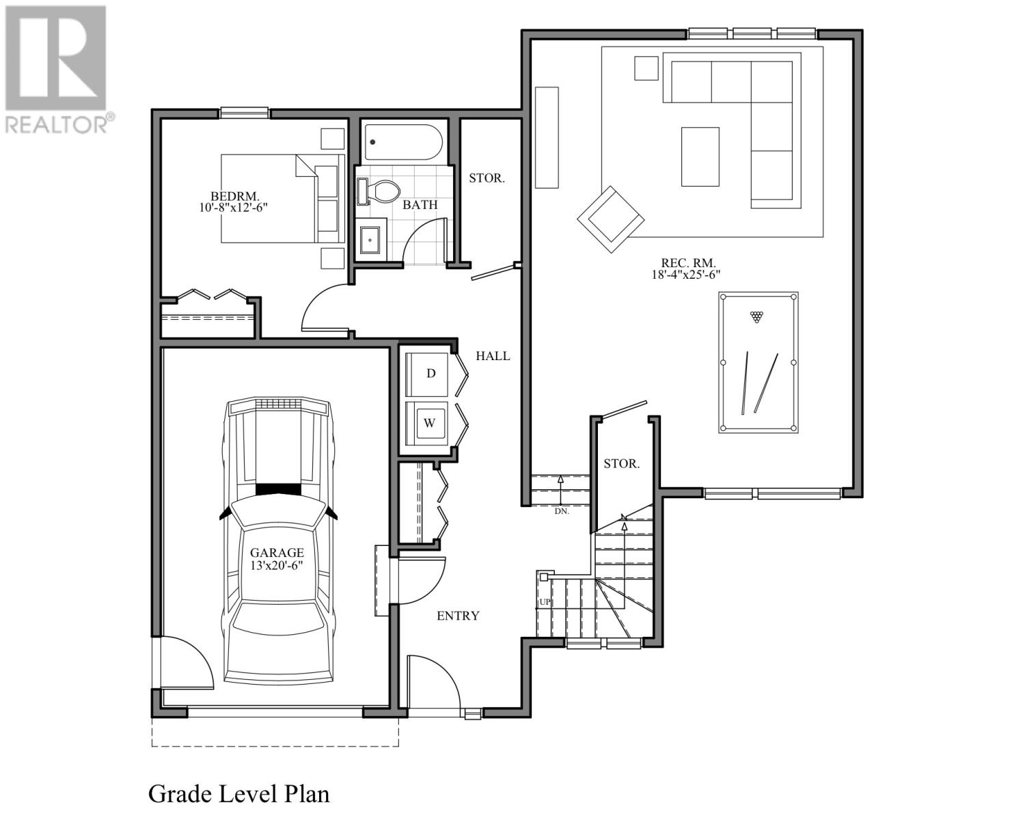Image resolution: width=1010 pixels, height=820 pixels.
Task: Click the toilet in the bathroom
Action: [378, 191]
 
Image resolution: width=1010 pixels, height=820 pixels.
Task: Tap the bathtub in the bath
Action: [403, 142]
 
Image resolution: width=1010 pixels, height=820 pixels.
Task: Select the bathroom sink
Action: [370, 240]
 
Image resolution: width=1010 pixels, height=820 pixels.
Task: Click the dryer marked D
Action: [427, 374]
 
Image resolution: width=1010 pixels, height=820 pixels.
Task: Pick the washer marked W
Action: [427, 423]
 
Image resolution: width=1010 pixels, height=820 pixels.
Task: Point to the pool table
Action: [758, 362]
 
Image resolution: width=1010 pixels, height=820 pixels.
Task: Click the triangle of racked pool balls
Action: [756, 316]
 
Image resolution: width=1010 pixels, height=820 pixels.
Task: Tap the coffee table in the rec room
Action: [700, 156]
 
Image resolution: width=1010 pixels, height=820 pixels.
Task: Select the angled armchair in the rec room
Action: [610, 219]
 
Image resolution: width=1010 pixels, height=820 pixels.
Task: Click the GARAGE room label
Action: [277, 553]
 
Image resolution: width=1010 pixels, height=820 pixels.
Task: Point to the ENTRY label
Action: [458, 616]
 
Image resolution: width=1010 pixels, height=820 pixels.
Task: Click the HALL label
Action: [493, 356]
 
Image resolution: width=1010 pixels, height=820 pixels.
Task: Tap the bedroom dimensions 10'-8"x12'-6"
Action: [233, 208]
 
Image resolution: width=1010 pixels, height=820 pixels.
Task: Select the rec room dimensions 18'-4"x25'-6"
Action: [685, 275]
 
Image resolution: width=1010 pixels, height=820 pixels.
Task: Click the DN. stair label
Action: [562, 511]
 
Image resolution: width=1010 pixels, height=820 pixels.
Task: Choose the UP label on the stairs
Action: [545, 602]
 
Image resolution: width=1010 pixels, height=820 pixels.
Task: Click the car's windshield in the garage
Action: [278, 513]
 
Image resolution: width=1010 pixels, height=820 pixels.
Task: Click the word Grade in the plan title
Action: [180, 794]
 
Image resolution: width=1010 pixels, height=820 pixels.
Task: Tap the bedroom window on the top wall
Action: [244, 113]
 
